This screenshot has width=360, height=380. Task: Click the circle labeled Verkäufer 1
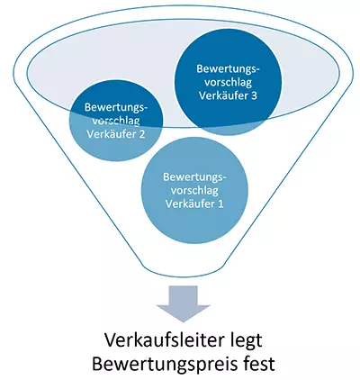click(195, 191)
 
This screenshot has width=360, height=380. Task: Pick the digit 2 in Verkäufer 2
click(142, 135)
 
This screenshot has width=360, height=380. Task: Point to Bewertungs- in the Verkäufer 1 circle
click(195, 176)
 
